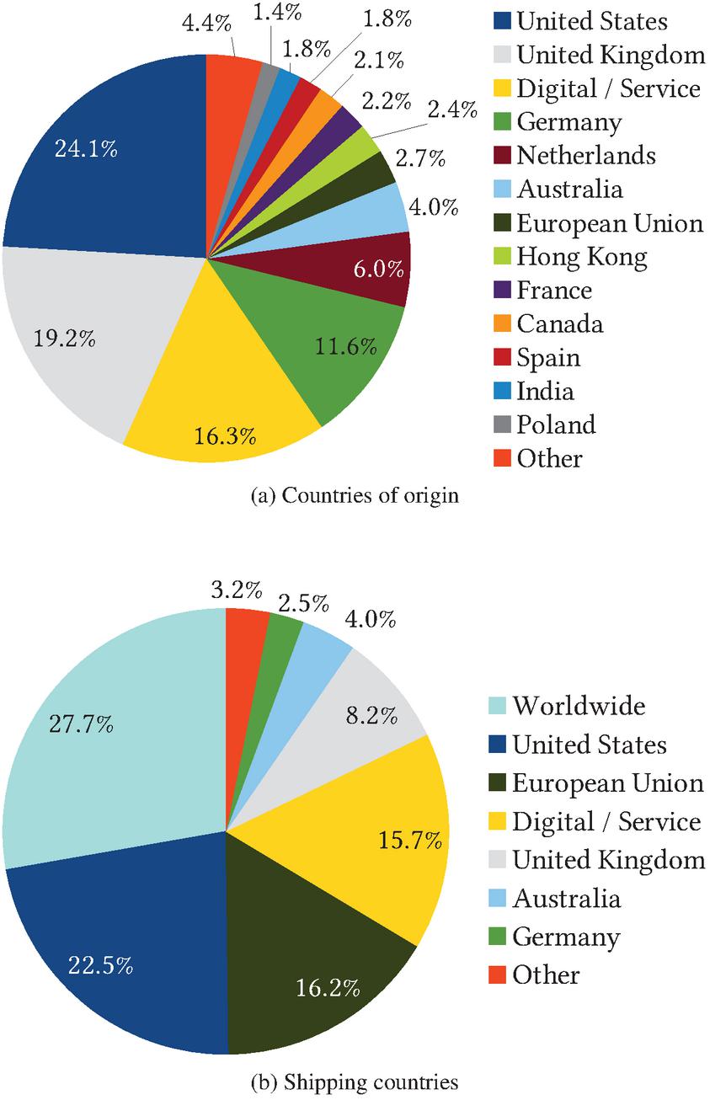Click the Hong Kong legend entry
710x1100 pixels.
[x=581, y=256]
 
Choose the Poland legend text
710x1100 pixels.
[x=556, y=425]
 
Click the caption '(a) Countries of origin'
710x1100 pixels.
[x=355, y=495]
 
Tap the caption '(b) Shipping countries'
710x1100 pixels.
[x=355, y=1081]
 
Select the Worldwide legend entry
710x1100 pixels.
[x=579, y=705]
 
